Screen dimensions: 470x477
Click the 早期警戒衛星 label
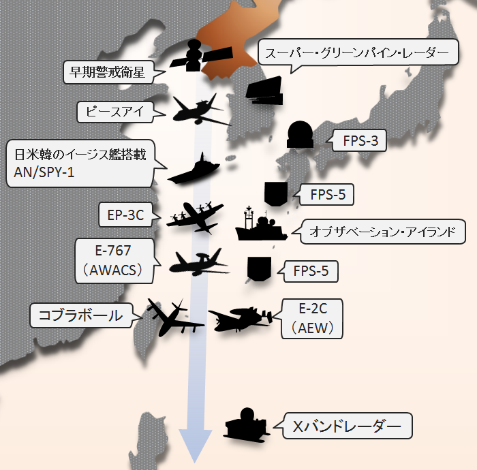point(107,70)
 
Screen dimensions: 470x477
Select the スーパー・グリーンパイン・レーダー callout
point(356,52)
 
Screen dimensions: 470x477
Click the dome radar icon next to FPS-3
point(300,134)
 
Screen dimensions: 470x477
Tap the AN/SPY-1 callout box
point(80,164)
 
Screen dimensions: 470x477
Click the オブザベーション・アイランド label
point(386,231)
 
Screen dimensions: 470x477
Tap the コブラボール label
point(81,315)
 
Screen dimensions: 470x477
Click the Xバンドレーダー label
point(348,426)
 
